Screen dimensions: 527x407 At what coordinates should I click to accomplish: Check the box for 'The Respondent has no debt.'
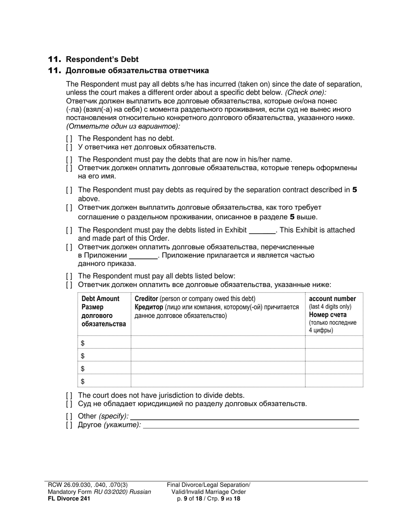click(x=69, y=139)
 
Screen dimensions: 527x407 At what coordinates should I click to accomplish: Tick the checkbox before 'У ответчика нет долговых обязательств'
click(x=69, y=147)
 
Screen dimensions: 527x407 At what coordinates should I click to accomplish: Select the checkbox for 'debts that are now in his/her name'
click(x=69, y=160)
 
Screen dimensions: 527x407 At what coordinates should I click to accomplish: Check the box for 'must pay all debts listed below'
click(x=69, y=276)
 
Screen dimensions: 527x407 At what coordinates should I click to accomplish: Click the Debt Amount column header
click(x=101, y=299)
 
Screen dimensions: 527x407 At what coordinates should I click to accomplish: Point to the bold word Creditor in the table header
click(x=147, y=299)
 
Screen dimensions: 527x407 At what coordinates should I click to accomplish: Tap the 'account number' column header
click(x=332, y=299)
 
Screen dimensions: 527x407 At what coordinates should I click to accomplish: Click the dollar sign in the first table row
click(x=83, y=343)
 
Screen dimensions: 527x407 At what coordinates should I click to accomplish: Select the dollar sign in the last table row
click(x=83, y=381)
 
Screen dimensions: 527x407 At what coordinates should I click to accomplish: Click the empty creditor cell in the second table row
click(x=217, y=356)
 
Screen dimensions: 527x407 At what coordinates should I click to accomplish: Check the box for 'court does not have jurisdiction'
click(x=69, y=396)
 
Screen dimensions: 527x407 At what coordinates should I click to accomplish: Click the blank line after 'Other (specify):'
click(x=244, y=416)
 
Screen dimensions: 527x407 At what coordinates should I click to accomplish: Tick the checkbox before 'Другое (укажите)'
click(x=69, y=425)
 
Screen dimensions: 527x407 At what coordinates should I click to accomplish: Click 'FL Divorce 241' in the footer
click(x=69, y=499)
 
